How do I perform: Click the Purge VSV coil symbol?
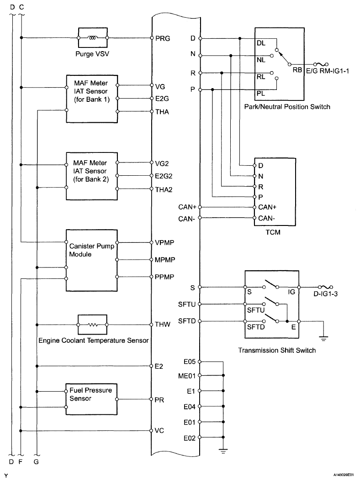pos(93,38)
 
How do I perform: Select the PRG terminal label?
pos(163,38)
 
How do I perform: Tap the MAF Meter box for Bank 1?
pos(92,98)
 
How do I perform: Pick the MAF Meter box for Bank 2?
pos(92,176)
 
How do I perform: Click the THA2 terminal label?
pos(164,189)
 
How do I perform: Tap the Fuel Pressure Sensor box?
pos(92,399)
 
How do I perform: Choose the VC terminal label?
pos(160,430)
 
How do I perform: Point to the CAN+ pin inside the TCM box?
pos(267,207)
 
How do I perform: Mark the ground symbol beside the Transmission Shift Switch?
pos(323,339)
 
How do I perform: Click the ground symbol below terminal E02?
pos(223,451)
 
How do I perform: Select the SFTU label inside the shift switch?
pos(256,310)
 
